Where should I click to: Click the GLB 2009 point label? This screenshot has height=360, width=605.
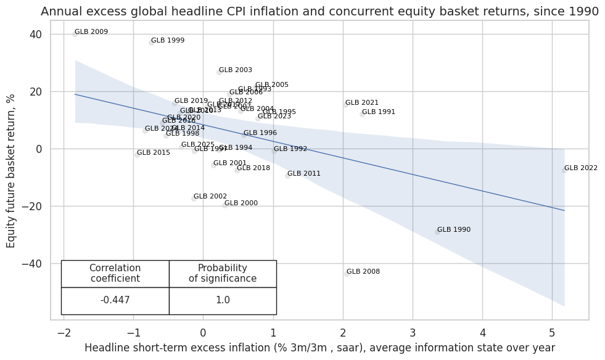pyautogui.click(x=91, y=32)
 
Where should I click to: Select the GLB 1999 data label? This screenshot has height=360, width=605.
pyautogui.click(x=168, y=41)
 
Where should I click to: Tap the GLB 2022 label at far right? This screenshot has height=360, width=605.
pyautogui.click(x=580, y=168)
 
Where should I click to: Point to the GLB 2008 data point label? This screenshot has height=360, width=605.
pyautogui.click(x=363, y=272)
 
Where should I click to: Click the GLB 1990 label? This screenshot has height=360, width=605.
pyautogui.click(x=454, y=230)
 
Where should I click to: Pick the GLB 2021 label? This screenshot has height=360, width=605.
pyautogui.click(x=362, y=103)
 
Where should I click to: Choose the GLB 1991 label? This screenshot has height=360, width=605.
pyautogui.click(x=379, y=112)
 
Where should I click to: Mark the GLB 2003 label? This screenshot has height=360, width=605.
pyautogui.click(x=236, y=70)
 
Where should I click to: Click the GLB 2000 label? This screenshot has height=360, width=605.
pyautogui.click(x=241, y=203)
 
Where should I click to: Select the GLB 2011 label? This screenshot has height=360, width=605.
pyautogui.click(x=304, y=174)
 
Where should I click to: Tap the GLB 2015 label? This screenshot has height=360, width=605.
pyautogui.click(x=154, y=153)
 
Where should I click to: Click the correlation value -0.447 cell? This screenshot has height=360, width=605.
pyautogui.click(x=115, y=301)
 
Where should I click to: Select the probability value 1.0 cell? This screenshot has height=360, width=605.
pyautogui.click(x=223, y=301)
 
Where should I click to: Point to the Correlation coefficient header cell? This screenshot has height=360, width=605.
pyautogui.click(x=115, y=274)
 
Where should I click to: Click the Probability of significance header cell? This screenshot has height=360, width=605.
pyautogui.click(x=223, y=274)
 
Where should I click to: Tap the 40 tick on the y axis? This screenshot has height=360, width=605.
pyautogui.click(x=35, y=35)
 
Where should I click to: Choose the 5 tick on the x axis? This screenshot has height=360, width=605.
pyautogui.click(x=552, y=333)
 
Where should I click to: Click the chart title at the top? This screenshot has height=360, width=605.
pyautogui.click(x=319, y=11)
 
